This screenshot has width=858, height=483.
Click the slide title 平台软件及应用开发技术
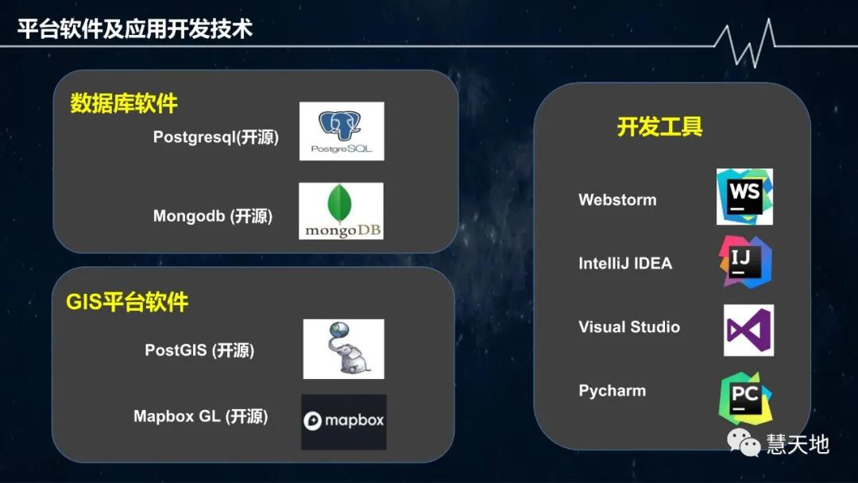135,29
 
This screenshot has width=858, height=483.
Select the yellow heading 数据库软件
124,104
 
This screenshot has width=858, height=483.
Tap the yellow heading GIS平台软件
127,302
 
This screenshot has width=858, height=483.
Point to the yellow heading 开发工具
659,127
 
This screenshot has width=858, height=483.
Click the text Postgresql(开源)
216,137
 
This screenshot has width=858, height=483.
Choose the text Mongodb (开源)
213,216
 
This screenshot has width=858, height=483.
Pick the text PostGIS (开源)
199,350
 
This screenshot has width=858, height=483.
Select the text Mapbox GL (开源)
201,416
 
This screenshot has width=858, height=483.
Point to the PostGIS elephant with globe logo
343,349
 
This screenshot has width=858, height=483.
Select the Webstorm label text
617,200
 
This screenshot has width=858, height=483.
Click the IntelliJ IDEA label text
625,264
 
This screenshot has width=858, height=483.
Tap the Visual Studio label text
629,327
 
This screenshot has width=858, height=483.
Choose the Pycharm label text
612,391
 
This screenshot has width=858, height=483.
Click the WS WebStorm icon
744,196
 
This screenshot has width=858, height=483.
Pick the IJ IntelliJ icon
745,261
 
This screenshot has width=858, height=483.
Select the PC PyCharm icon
745,398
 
